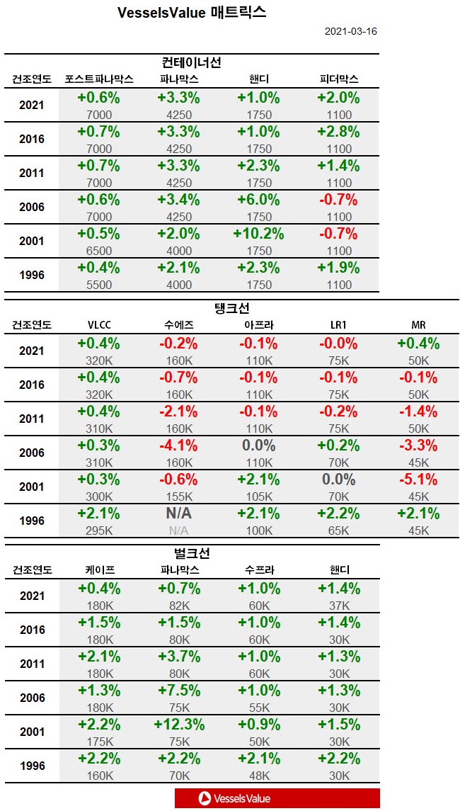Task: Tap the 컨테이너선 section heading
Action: click(x=191, y=62)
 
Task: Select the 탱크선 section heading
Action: click(x=231, y=309)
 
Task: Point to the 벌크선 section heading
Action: click(x=191, y=553)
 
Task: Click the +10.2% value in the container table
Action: click(x=260, y=234)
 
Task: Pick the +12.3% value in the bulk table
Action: click(x=178, y=725)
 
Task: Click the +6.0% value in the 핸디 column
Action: click(x=260, y=200)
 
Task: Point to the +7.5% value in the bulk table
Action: click(x=178, y=691)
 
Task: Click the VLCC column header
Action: click(x=98, y=325)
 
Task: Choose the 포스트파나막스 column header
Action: click(x=98, y=79)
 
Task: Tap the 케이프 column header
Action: click(x=98, y=569)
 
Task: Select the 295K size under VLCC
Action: click(x=98, y=531)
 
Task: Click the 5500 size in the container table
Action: click(x=98, y=285)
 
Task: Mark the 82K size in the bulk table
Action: click(x=178, y=606)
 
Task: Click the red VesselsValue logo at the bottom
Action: click(x=277, y=798)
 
